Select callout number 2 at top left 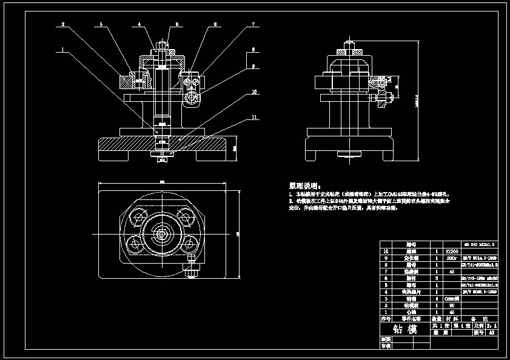click(62, 25)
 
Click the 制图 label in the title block click(385, 339)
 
